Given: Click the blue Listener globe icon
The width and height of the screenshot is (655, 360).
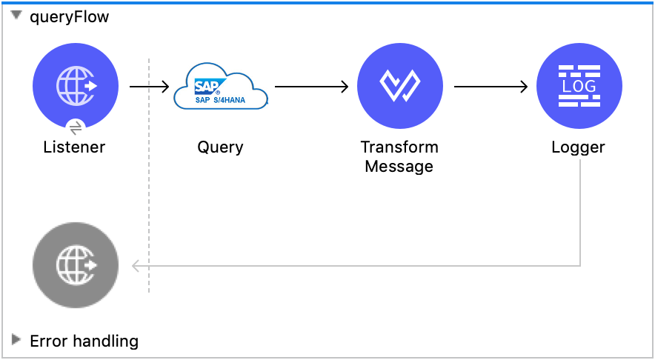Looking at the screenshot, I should tap(75, 86).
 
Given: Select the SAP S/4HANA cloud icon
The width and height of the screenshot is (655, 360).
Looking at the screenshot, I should tap(220, 88).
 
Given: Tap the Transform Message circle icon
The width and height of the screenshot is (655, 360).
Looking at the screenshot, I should tap(399, 86).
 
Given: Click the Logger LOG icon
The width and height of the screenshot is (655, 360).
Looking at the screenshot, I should tap(579, 86).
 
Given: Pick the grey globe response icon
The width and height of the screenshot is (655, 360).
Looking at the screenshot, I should tap(75, 265).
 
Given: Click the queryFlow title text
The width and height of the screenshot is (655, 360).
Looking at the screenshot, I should tap(69, 17).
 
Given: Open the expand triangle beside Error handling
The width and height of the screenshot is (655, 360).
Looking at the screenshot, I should tap(16, 340).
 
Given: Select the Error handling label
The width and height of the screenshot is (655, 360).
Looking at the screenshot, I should tap(84, 341).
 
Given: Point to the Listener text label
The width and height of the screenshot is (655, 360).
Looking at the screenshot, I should tap(74, 147).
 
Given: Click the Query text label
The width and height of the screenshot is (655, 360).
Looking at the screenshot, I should tap(220, 147).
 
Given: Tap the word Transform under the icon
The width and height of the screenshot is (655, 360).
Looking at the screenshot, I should tap(399, 147).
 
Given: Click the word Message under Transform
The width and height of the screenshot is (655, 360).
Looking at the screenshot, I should tap(399, 166).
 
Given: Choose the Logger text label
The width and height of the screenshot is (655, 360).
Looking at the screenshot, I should tap(578, 147).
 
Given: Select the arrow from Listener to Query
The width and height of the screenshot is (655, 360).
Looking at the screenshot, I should tap(149, 87).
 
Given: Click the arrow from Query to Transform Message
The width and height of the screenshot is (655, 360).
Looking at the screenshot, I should tap(311, 87).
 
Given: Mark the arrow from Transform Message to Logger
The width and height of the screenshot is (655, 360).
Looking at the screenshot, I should tap(491, 87).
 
